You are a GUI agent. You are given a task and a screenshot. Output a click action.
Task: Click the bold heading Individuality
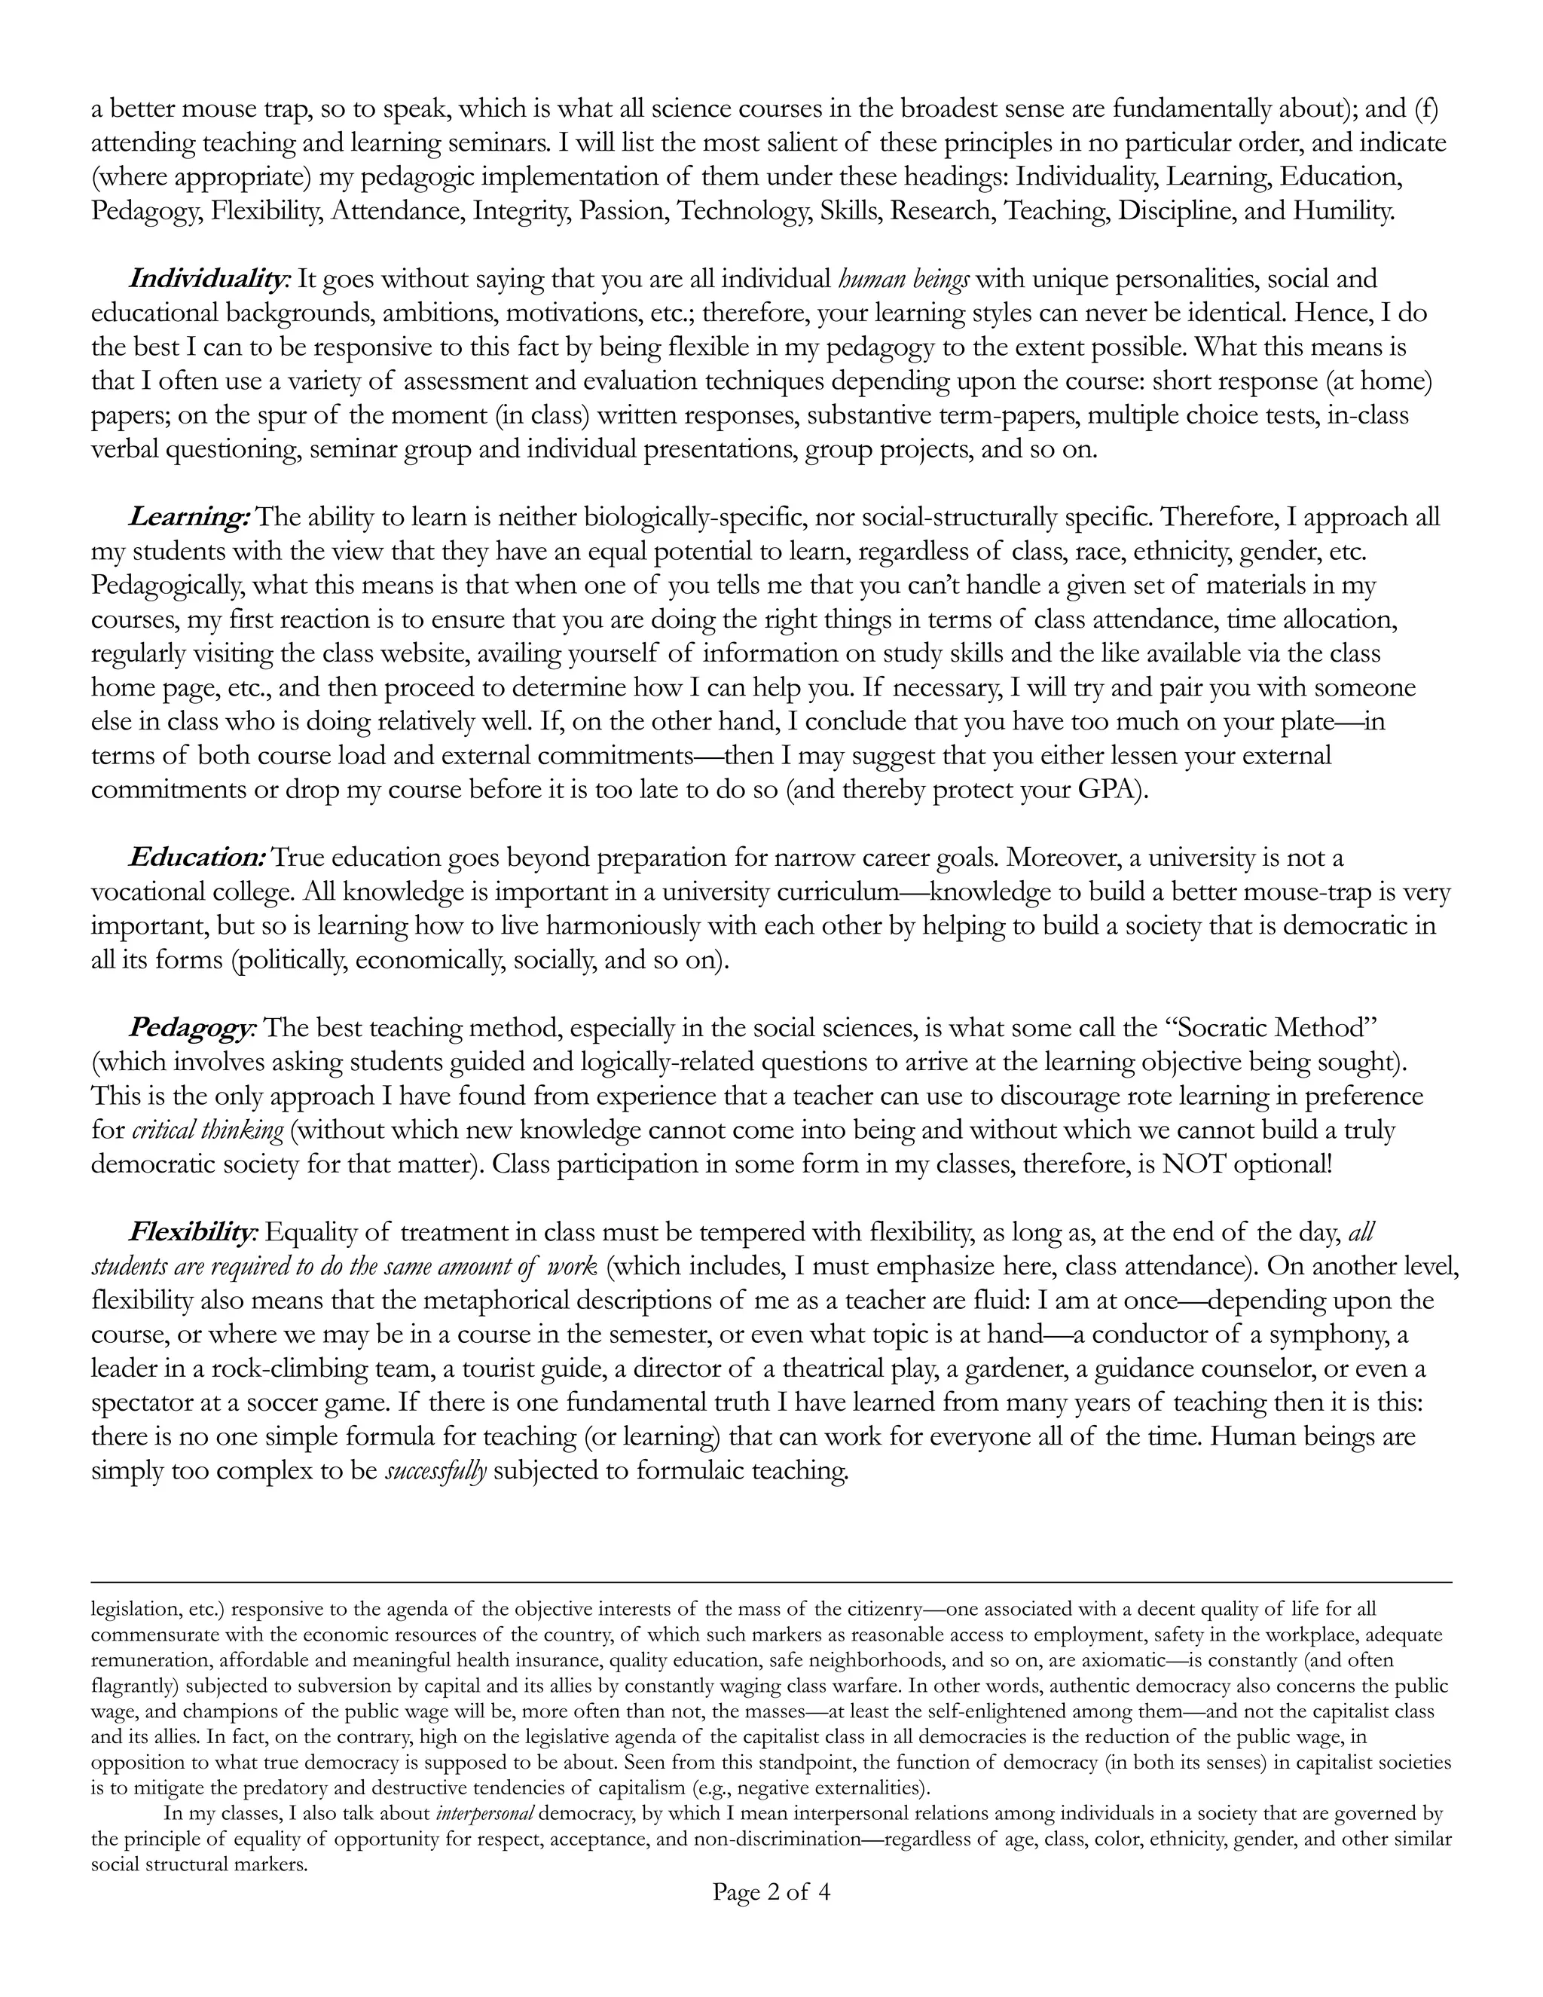click(x=209, y=278)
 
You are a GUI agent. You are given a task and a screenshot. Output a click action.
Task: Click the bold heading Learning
click(x=188, y=518)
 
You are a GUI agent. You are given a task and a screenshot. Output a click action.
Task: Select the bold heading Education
click(x=197, y=858)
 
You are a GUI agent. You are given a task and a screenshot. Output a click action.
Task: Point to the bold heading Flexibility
click(x=193, y=1233)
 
